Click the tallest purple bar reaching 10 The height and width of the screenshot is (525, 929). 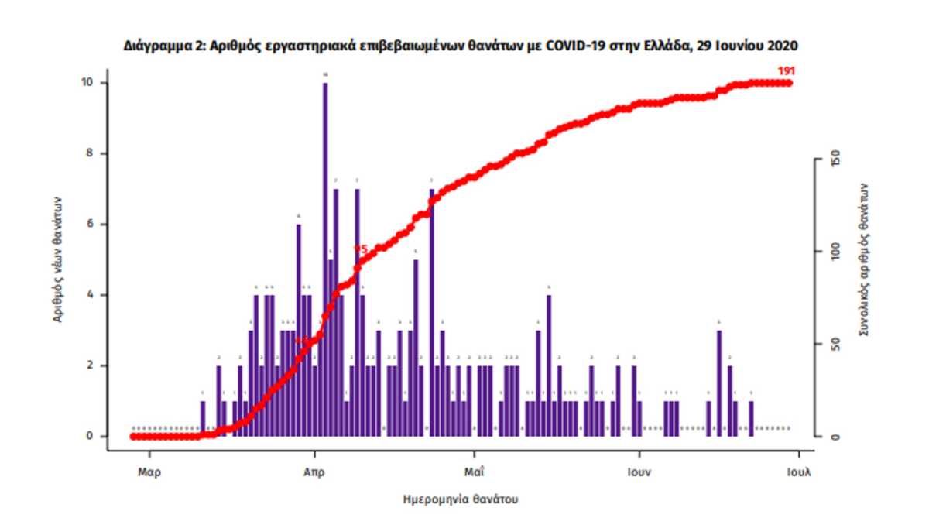(x=325, y=256)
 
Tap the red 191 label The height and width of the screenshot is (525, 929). (x=787, y=71)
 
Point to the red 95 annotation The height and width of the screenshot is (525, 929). (x=360, y=249)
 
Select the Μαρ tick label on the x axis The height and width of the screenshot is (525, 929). (x=150, y=472)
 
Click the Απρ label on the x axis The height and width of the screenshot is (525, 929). (x=314, y=472)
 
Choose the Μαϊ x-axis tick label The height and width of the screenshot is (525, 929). (x=475, y=472)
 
